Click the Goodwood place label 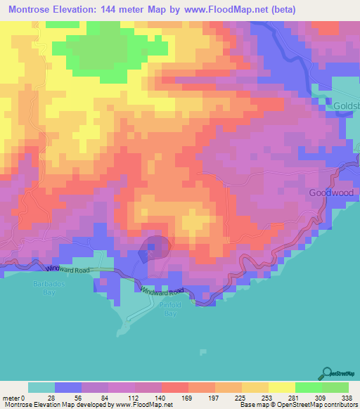[328, 193]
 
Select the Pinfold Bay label [167, 309]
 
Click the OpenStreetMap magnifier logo [328, 372]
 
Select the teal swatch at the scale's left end [41, 387]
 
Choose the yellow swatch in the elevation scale [281, 387]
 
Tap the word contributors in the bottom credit [335, 405]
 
